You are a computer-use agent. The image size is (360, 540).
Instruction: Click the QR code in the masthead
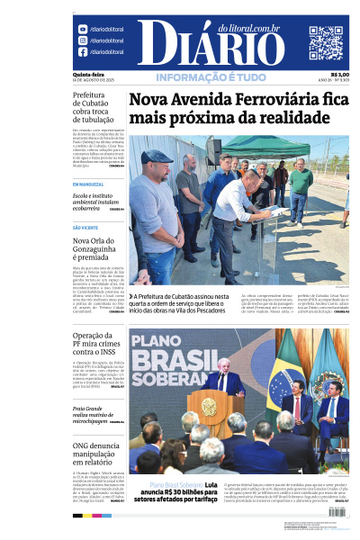coord(326,42)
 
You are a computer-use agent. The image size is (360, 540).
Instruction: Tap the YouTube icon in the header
coord(83,30)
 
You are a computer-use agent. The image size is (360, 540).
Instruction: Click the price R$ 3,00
coord(339,75)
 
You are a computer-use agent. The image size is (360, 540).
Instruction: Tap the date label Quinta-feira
coord(88,75)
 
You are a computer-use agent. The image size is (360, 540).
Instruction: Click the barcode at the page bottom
coord(337,511)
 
